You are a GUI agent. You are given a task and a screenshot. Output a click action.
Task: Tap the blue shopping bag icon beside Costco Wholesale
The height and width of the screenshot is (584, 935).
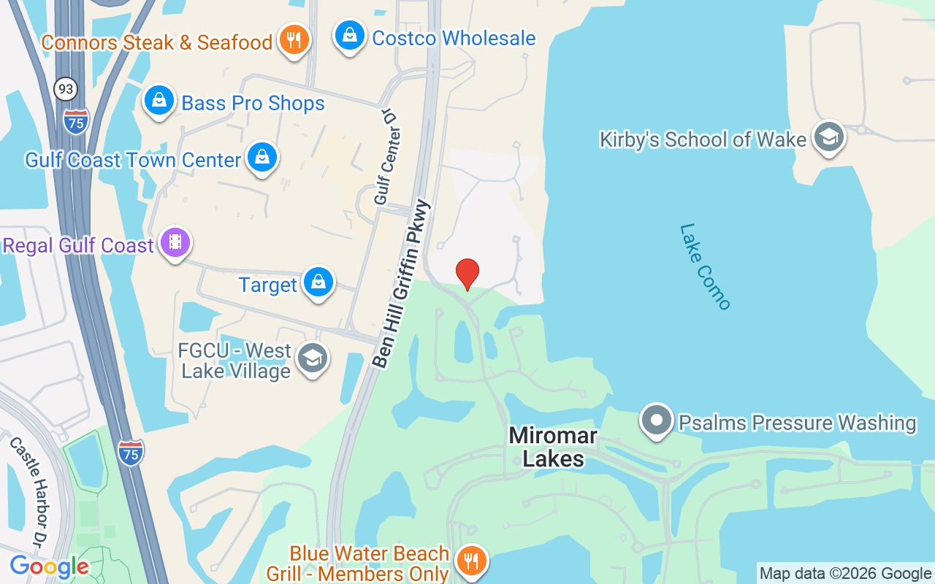click(350, 35)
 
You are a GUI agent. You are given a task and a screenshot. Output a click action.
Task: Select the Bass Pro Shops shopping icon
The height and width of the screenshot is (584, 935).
click(159, 100)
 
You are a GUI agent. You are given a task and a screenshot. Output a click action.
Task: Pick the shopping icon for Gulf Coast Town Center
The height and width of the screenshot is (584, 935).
click(262, 157)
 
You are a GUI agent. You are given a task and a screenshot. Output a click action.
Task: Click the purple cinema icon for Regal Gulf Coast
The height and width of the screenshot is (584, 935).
click(175, 242)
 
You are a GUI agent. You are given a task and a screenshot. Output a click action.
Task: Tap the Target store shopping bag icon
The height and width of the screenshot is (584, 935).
click(318, 282)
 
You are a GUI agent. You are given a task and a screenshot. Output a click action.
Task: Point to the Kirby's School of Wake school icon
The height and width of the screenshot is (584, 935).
click(829, 137)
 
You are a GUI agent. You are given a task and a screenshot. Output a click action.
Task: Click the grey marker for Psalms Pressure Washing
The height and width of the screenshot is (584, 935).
click(656, 420)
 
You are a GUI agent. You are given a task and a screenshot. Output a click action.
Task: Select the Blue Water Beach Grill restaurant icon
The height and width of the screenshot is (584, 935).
click(471, 561)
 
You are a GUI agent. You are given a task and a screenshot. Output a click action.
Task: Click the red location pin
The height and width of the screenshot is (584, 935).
click(467, 273)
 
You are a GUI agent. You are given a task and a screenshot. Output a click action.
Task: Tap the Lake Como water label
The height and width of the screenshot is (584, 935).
click(705, 266)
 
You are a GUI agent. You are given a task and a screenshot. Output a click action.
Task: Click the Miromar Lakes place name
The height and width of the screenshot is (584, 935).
click(553, 447)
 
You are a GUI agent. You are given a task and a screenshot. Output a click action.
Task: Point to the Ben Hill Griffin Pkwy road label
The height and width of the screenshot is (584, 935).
click(402, 283)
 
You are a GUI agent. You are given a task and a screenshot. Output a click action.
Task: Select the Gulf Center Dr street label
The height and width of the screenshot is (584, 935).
click(388, 156)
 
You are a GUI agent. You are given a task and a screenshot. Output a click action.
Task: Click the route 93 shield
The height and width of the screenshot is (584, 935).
click(66, 89)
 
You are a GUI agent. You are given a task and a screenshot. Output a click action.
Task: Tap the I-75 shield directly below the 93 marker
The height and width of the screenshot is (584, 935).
click(76, 120)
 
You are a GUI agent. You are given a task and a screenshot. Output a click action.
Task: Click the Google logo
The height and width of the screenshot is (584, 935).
click(49, 566)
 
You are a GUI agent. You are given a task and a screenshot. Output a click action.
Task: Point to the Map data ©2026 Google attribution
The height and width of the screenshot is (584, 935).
click(845, 573)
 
